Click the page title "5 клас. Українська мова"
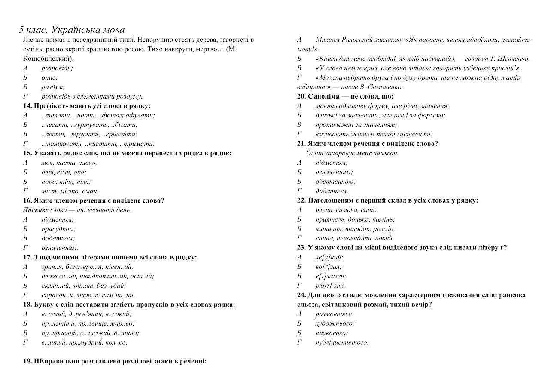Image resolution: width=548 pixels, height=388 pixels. [72, 30]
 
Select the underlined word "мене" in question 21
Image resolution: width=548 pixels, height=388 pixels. [364, 153]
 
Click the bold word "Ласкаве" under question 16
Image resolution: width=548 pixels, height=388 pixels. [36, 210]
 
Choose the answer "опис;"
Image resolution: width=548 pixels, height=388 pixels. [49, 77]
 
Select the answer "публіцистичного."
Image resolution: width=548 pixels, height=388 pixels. [341, 342]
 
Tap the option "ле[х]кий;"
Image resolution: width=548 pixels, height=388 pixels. [329, 257]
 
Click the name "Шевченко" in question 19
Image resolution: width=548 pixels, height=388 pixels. [514, 59]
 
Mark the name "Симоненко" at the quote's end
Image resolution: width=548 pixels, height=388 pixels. [387, 87]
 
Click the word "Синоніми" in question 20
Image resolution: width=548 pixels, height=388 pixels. [324, 96]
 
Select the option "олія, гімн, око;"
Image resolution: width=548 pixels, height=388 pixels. [64, 172]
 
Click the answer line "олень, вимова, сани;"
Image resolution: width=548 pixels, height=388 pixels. [346, 210]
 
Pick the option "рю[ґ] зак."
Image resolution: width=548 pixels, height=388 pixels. [330, 286]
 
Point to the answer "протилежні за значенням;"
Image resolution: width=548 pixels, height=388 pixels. [356, 125]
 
